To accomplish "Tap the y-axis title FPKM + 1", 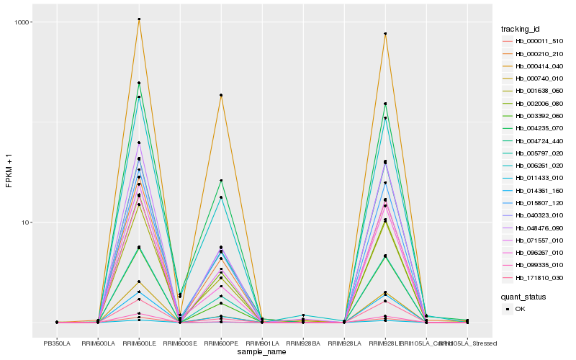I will pyautogui.click(x=9, y=172).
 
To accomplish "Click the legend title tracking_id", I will pyautogui.click(x=521, y=29).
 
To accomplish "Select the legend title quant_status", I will pyautogui.click(x=524, y=296).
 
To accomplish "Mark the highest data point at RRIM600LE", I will pyautogui.click(x=139, y=19).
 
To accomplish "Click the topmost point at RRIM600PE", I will pyautogui.click(x=221, y=95).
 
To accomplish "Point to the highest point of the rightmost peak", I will pyautogui.click(x=385, y=34).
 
